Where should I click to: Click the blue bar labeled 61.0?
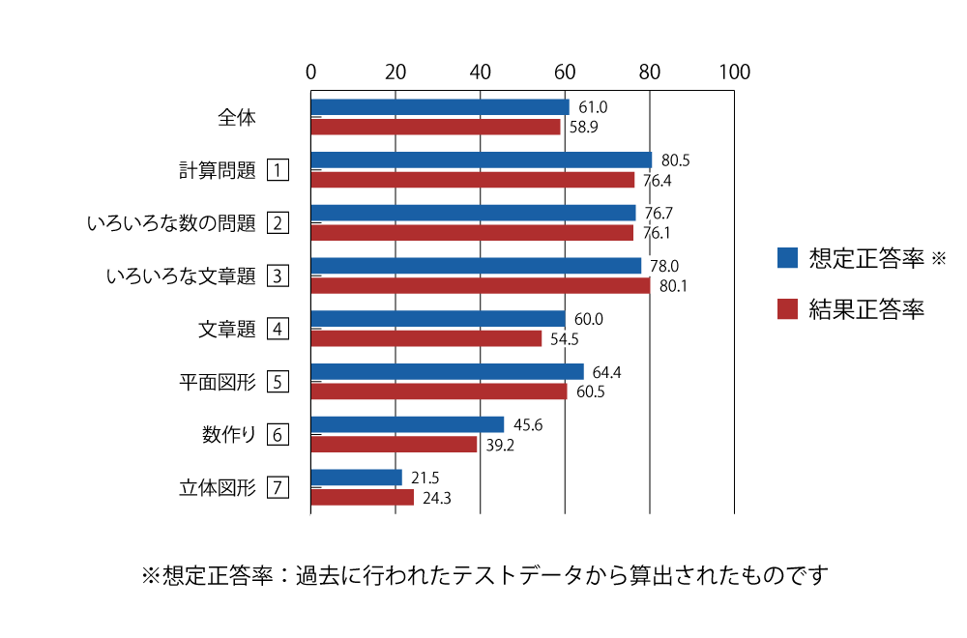(440, 106)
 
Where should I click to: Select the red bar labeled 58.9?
(435, 127)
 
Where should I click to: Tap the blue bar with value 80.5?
(482, 159)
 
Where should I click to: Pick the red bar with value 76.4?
(473, 180)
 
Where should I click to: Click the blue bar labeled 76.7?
(474, 212)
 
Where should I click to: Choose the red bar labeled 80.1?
(481, 285)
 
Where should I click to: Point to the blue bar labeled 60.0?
(438, 318)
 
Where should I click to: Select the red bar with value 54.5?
(426, 338)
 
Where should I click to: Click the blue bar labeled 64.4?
(448, 371)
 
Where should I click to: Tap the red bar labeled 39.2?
(395, 444)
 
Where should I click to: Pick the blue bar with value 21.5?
(357, 477)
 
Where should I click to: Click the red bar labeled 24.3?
(363, 497)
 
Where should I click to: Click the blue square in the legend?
(787, 258)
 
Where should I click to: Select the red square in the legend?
(787, 309)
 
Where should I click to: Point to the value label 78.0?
(664, 266)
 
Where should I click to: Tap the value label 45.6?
(527, 424)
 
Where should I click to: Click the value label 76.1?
(656, 233)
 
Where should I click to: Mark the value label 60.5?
(590, 391)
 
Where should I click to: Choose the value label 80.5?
(675, 160)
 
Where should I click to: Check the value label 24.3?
(436, 498)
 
